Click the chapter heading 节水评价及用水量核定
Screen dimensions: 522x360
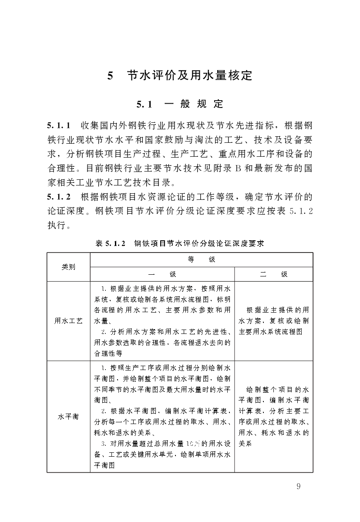point(189,75)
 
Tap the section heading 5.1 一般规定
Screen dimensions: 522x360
point(180,104)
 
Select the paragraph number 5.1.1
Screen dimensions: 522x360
point(59,126)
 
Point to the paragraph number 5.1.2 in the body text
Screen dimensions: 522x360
point(59,196)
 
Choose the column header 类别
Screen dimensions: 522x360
point(68,267)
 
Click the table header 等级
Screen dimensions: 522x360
point(201,259)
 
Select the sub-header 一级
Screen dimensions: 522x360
point(162,274)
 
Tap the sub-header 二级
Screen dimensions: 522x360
point(273,274)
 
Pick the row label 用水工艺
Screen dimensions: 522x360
point(68,321)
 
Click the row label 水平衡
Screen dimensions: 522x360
point(68,416)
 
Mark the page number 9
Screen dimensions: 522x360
point(298,486)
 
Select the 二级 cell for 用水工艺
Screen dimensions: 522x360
point(273,321)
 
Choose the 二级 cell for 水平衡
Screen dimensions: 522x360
point(273,416)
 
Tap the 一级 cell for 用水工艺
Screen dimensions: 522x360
point(162,321)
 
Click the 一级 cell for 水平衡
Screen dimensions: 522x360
point(162,416)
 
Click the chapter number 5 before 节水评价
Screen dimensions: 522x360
point(111,76)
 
